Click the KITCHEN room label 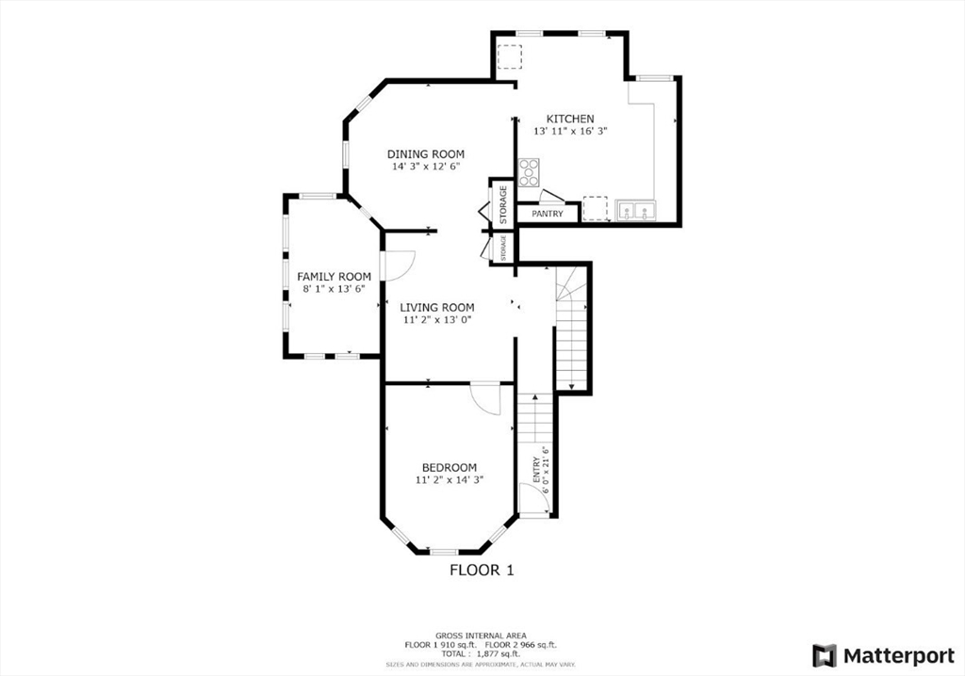coord(570,119)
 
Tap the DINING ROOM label coord(426,153)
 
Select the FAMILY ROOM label coord(334,276)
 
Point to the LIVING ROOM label coord(436,307)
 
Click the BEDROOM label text coord(449,467)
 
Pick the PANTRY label coord(548,214)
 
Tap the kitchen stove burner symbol coord(530,172)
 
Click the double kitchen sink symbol coord(635,210)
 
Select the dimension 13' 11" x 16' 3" coord(570,132)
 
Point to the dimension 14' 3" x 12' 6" coord(426,167)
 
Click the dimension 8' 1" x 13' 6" coord(334,289)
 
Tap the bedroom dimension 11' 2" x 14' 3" coord(449,480)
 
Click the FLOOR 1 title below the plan coord(482,570)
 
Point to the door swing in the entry coord(532,499)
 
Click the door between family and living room coord(398,266)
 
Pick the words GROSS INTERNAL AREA coord(482,635)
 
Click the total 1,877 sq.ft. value coord(497,652)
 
